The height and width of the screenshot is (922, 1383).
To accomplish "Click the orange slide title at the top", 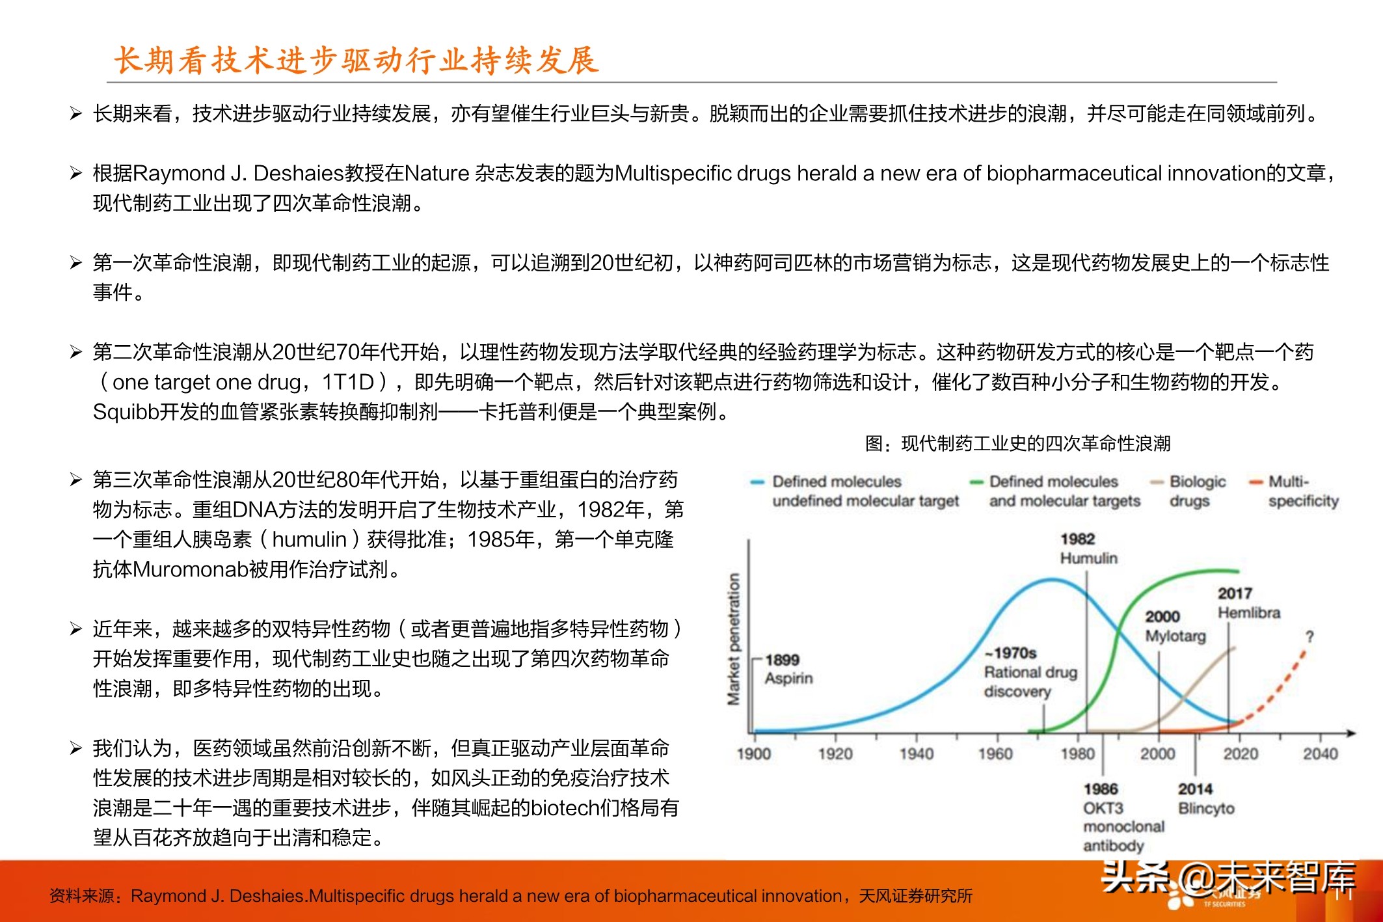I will [x=356, y=61].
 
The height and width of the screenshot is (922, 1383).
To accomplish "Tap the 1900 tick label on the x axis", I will [x=753, y=753].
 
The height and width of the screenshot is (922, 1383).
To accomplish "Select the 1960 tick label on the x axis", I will [x=995, y=753].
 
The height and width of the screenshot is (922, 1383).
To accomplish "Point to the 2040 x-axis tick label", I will [x=1320, y=753].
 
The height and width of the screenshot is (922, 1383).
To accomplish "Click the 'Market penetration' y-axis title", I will [x=734, y=639].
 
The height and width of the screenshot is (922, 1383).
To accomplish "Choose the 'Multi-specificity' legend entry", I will [x=1302, y=491].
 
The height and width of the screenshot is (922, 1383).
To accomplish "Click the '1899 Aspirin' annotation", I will [x=788, y=669].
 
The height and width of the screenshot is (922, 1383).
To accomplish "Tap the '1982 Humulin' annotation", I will [x=1088, y=549].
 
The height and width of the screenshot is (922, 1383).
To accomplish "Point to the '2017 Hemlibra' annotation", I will [x=1248, y=603].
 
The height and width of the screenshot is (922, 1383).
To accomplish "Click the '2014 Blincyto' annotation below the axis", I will [x=1205, y=798].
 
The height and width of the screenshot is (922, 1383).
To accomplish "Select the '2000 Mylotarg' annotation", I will [x=1175, y=626].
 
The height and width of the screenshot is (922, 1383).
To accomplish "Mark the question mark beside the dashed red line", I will [x=1309, y=636].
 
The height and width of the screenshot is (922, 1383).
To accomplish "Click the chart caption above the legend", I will [x=1017, y=444].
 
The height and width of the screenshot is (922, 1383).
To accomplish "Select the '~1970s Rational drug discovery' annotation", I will [x=1030, y=671].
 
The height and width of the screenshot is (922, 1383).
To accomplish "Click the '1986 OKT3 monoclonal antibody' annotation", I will [x=1122, y=817].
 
